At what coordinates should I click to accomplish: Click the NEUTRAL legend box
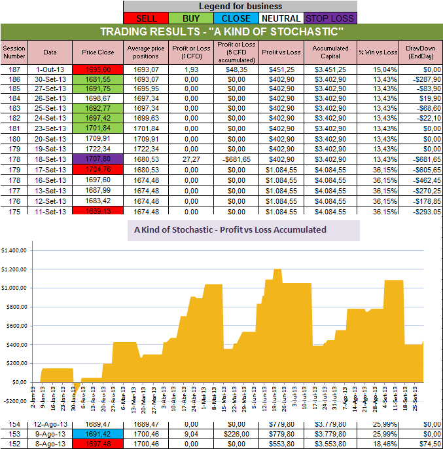[281, 18]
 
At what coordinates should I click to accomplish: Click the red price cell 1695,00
[99, 69]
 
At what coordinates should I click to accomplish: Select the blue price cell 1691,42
[99, 433]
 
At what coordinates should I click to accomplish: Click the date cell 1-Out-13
[50, 69]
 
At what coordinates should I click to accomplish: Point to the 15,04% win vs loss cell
[378, 69]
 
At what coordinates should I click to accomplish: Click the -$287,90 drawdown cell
[421, 77]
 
